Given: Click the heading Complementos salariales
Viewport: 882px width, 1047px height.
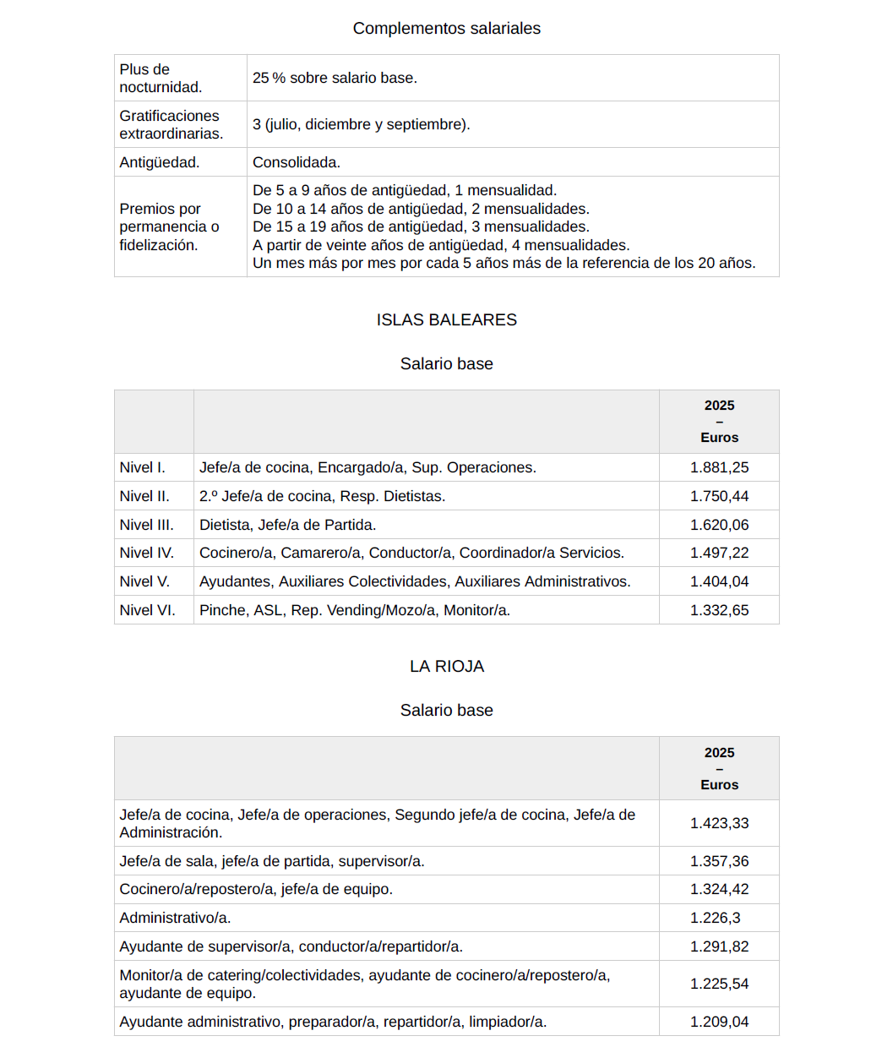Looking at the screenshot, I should pos(446,29).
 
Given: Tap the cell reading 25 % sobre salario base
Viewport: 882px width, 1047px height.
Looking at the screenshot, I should pos(335,78).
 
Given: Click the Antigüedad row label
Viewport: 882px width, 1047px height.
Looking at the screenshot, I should pos(160,162).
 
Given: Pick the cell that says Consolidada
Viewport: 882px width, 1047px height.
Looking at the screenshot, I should pos(297,162).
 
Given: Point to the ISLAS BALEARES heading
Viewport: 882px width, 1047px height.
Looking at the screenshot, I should pos(446,320).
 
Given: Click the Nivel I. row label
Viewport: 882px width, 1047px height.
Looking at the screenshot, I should pos(143,467).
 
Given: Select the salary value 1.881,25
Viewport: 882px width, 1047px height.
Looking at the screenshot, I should pos(719,467).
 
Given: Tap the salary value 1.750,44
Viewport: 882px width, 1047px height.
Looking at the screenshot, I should pos(719,496).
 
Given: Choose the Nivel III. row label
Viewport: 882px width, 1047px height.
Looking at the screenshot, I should pos(147,525).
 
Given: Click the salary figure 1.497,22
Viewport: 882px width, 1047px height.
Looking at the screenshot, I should pos(719,553).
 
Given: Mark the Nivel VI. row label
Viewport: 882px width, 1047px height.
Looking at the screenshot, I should pos(148,610).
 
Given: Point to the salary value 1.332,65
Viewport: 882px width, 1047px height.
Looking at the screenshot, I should pos(719,610).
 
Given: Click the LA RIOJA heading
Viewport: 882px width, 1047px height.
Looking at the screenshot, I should pos(446,667).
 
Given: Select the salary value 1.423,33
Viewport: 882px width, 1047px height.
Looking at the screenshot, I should pos(719,823).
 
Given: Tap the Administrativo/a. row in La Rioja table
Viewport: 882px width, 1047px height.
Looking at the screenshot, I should pos(175,918).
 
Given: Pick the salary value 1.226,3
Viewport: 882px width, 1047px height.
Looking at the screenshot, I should pos(715,918).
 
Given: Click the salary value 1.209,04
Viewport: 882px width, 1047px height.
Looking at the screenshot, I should pos(719,1022).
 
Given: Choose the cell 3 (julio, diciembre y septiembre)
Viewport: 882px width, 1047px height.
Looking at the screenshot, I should pos(362,124).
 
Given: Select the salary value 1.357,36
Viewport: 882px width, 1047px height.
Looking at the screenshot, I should pos(719,861).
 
